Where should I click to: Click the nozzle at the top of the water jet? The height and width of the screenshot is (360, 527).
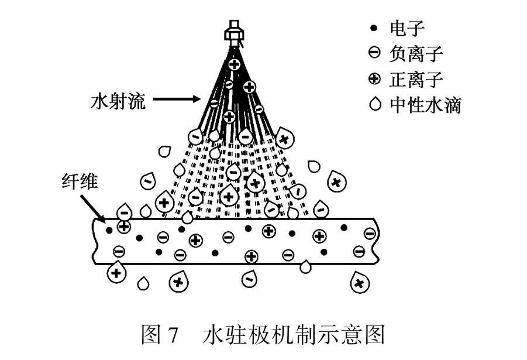click(235, 33)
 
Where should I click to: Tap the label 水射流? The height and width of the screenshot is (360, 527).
click(118, 100)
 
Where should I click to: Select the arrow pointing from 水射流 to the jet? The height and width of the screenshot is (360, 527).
click(177, 99)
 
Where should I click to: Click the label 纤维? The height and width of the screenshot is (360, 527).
click(80, 182)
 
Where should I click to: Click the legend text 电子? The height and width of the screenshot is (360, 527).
click(407, 28)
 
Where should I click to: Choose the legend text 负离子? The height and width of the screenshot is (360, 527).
click(416, 54)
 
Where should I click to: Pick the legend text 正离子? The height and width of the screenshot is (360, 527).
click(416, 80)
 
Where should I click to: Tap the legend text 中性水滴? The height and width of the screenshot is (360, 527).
click(425, 105)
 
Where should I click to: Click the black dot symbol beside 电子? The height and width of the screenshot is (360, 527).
click(373, 28)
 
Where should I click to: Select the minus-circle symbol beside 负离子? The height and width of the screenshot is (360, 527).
click(374, 53)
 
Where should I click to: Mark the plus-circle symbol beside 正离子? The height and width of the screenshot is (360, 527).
click(374, 78)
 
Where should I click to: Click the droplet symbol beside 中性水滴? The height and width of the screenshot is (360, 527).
click(375, 104)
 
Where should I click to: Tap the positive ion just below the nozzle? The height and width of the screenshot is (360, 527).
click(235, 64)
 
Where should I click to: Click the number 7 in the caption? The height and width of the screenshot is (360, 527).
click(172, 335)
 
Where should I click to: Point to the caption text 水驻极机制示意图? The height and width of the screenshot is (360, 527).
click(294, 334)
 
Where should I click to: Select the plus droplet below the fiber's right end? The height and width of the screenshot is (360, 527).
click(360, 283)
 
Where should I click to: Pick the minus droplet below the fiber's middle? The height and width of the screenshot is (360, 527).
click(249, 279)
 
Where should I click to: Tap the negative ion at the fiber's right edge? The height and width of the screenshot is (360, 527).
click(370, 233)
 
